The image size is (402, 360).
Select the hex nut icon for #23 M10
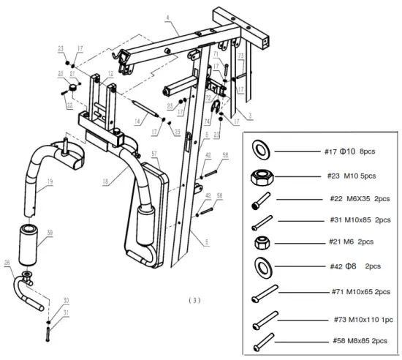(x=261, y=176)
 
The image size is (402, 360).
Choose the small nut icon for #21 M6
(x=261, y=241)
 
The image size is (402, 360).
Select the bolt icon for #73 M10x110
(x=265, y=320)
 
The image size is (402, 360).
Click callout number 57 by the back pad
(x=155, y=154)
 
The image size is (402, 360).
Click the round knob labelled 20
(x=74, y=89)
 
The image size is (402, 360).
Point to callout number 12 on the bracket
(x=110, y=74)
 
